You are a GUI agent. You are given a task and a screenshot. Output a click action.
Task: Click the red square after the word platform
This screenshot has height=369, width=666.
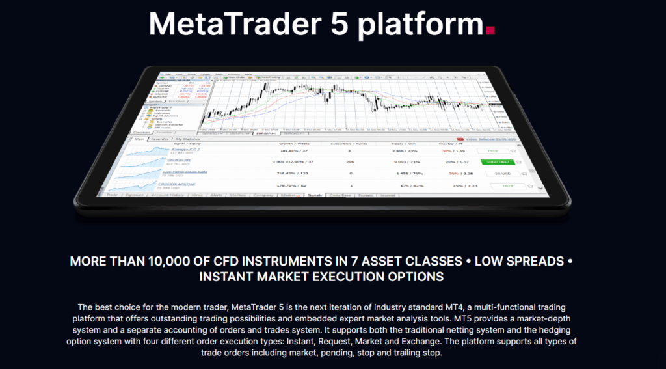pos(490,29)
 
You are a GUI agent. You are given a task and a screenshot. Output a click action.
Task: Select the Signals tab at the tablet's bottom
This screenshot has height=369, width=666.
pos(315,194)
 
